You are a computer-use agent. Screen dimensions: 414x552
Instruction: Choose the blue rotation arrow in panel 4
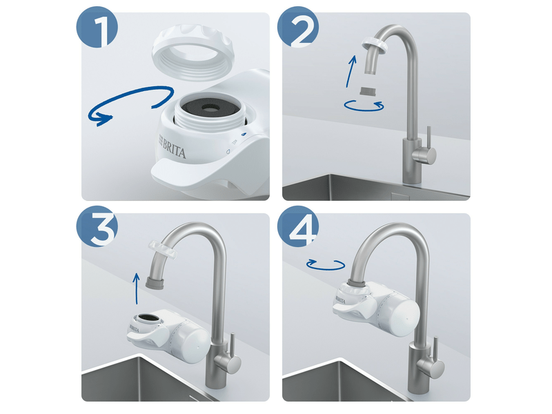coord(324,264)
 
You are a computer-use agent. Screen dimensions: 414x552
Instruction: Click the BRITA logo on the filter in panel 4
coord(342,299)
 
